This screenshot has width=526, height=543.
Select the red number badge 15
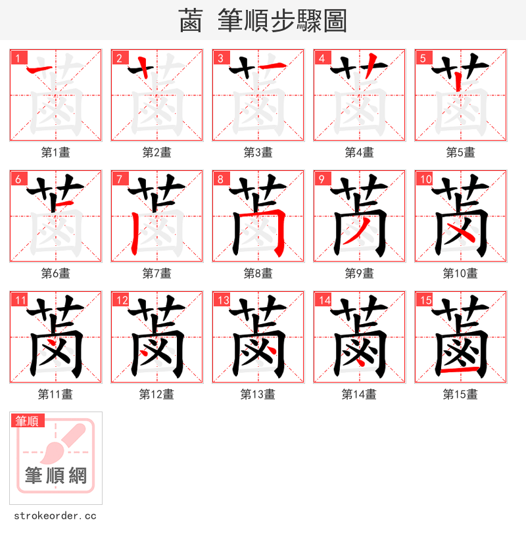click(x=425, y=300)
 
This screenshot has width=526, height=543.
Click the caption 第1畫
click(x=56, y=153)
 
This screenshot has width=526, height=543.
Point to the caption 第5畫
click(x=460, y=153)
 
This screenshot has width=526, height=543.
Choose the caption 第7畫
click(x=157, y=273)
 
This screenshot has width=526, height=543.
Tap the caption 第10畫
click(x=460, y=273)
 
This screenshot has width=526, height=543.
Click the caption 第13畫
click(x=258, y=394)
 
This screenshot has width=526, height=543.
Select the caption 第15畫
click(x=460, y=394)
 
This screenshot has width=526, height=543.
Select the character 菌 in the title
click(x=191, y=21)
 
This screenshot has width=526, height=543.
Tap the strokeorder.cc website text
click(x=55, y=516)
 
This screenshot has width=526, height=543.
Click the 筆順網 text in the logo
click(x=56, y=475)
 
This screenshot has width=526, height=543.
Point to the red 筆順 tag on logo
click(x=27, y=421)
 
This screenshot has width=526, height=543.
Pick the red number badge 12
click(x=121, y=300)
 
